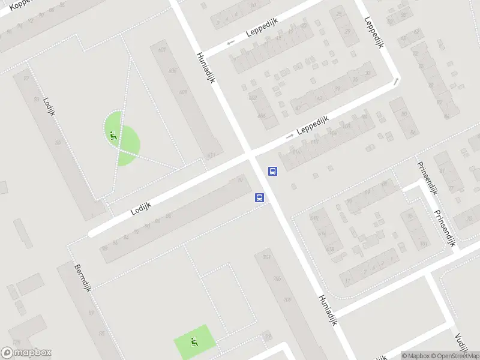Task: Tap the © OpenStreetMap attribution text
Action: (x=458, y=356)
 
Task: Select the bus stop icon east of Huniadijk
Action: (x=272, y=172)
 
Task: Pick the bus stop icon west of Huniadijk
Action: (x=260, y=197)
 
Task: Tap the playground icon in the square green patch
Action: (x=194, y=343)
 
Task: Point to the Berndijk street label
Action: (x=82, y=281)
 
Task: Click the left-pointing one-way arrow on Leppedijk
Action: (x=230, y=43)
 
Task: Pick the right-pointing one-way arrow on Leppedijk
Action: (x=290, y=136)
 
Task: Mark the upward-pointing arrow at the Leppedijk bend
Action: (x=396, y=80)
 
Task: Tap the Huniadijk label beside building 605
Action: (x=205, y=67)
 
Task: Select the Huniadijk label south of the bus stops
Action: (x=328, y=309)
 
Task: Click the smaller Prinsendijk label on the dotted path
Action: (x=427, y=178)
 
